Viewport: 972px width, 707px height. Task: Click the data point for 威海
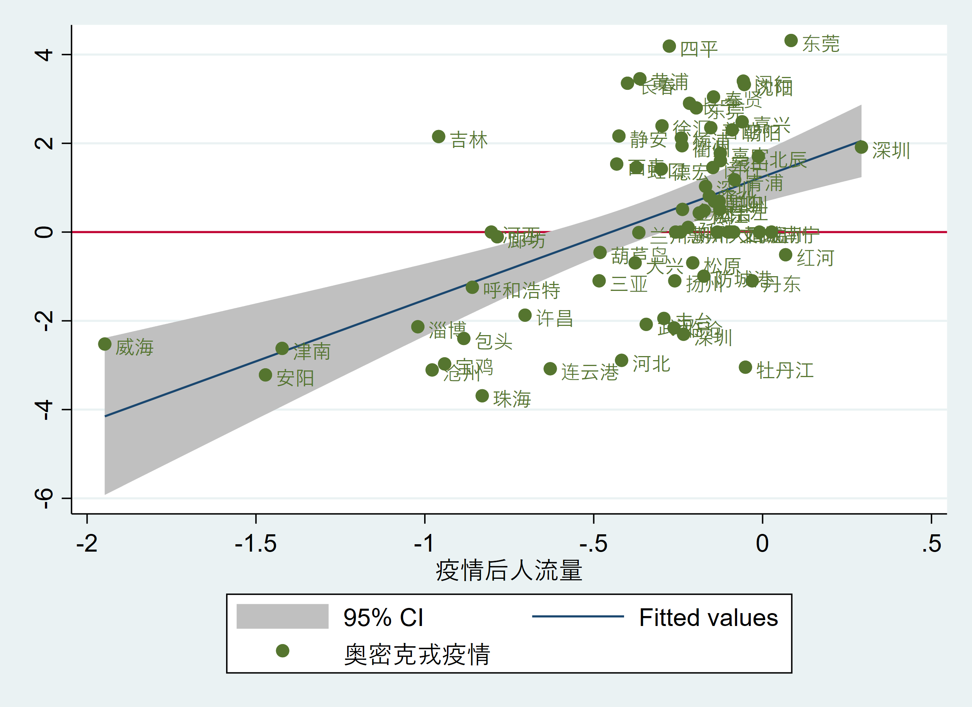tap(105, 344)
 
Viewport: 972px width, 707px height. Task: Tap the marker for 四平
tap(669, 46)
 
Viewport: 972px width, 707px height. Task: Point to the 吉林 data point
tap(439, 137)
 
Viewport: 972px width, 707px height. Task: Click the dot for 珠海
tap(482, 396)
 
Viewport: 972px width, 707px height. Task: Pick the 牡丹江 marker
tap(745, 367)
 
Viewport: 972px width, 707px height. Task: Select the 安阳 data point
tap(265, 375)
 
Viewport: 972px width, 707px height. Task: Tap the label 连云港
tap(589, 372)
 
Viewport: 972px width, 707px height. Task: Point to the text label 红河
tap(815, 258)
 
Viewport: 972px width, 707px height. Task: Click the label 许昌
tap(554, 318)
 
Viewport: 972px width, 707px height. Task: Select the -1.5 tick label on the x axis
tap(256, 544)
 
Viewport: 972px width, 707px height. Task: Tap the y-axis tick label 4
tap(44, 54)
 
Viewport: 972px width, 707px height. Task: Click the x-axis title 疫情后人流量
tap(509, 571)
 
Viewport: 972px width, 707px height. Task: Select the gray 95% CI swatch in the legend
tap(282, 616)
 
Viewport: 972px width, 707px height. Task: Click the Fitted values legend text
tap(708, 618)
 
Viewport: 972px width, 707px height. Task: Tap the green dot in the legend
tap(282, 651)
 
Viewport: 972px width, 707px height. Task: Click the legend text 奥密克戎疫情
tap(417, 654)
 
